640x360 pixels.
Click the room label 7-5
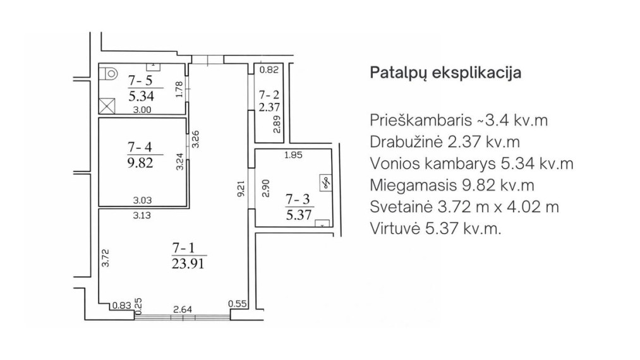pos(140,80)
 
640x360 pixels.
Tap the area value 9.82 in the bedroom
pos(140,162)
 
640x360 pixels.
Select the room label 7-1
pos(184,248)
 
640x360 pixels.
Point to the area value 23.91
pos(188,263)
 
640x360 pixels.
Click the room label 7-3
pos(298,199)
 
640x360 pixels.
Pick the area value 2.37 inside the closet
pos(269,107)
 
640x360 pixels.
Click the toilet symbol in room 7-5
pos(109,74)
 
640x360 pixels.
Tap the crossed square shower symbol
pos(107,105)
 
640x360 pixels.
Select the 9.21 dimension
pos(241,189)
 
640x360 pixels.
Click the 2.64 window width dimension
pos(183,310)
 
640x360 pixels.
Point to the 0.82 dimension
pos(269,70)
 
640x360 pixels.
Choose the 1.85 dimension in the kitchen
pos(293,155)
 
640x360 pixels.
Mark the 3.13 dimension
pos(142,215)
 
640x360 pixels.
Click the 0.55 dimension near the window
pos(238,304)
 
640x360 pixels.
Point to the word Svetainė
pos(401,207)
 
